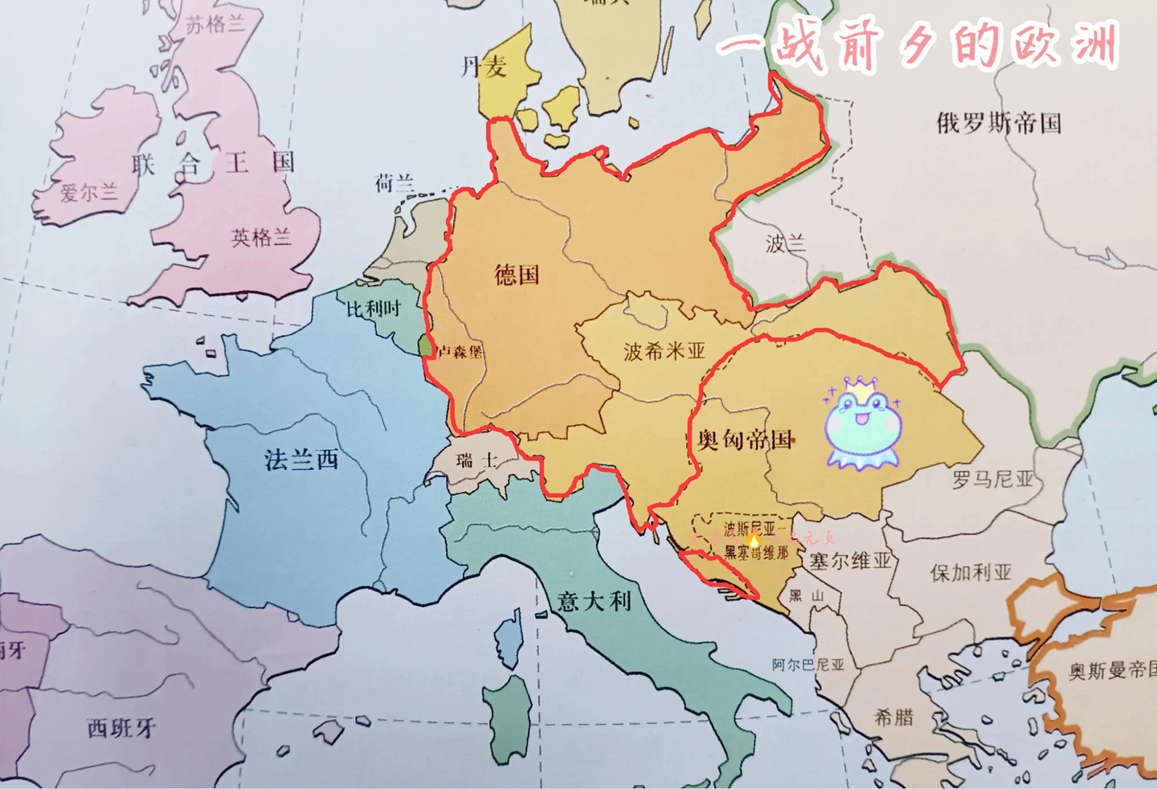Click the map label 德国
(x=517, y=275)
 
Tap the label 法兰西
(x=302, y=460)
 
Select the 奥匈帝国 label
(x=745, y=439)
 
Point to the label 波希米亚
(x=664, y=351)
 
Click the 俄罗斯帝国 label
(x=999, y=123)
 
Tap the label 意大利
(x=595, y=601)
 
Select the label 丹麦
(x=484, y=67)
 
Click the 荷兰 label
(x=395, y=184)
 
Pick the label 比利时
(x=374, y=309)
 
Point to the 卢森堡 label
(x=460, y=351)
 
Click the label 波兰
(x=785, y=243)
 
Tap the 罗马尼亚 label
(x=993, y=480)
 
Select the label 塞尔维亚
(x=850, y=560)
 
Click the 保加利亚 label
(x=971, y=573)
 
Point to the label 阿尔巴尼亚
(x=808, y=664)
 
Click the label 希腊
(x=894, y=717)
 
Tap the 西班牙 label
(x=121, y=728)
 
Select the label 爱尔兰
(x=88, y=193)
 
